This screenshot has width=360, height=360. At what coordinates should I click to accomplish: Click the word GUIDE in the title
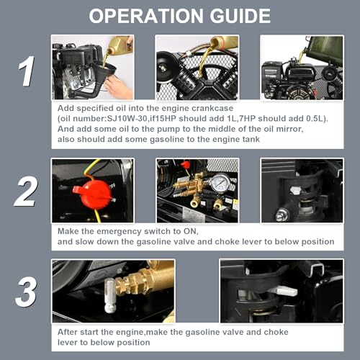coord(240,16)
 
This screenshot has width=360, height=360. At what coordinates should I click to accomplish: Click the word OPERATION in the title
coord(146,16)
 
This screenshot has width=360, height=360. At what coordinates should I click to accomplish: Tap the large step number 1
coord(27,71)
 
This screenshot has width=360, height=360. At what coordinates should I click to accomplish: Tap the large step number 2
coord(26,193)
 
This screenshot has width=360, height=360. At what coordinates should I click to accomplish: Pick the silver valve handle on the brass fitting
coord(109,297)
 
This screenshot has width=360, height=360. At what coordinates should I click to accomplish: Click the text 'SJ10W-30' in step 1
coord(127,119)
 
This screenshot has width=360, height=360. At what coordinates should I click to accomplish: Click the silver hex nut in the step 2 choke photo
coord(282,215)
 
